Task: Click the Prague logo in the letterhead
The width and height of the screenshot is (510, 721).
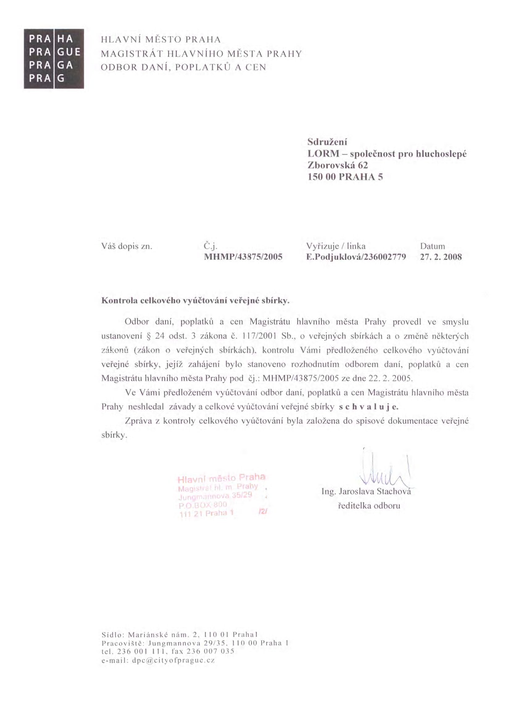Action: tap(54, 59)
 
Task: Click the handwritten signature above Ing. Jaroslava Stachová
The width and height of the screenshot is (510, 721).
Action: tap(385, 469)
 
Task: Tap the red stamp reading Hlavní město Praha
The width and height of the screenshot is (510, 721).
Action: tap(222, 496)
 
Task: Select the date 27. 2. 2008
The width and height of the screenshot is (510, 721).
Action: tap(441, 257)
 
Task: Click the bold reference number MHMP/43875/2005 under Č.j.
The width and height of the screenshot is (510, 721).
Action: tap(243, 257)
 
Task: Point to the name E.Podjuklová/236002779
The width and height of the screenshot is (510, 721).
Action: tap(356, 257)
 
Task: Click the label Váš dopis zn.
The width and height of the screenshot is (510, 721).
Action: tap(126, 246)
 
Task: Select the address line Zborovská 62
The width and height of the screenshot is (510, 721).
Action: tap(338, 165)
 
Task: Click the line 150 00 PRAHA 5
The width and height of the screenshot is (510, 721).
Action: tap(345, 177)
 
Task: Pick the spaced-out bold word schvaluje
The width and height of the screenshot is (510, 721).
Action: tap(369, 407)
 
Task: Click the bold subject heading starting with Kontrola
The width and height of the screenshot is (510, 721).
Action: tap(195, 301)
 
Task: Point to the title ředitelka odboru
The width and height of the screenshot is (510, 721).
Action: tap(369, 506)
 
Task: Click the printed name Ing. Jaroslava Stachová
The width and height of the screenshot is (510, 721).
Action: tap(366, 492)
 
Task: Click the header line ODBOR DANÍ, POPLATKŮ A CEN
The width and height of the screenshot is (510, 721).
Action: tap(184, 67)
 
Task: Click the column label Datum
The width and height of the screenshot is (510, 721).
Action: tap(432, 246)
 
